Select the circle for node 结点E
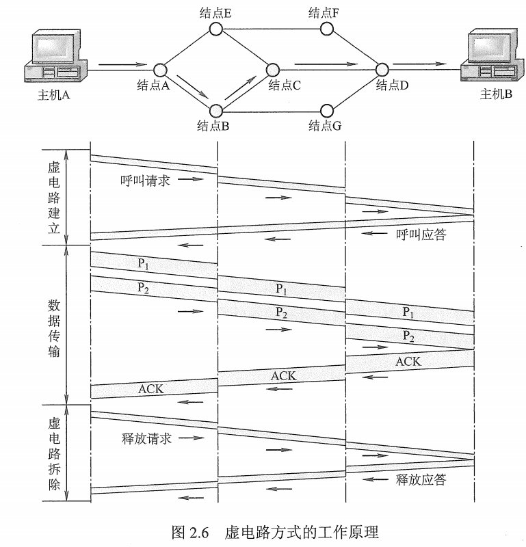(x=216, y=29)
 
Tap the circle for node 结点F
(x=327, y=29)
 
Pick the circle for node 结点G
(x=327, y=109)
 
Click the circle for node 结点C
(x=273, y=69)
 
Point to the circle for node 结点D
(x=382, y=69)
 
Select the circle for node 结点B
(x=216, y=109)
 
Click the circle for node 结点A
(x=160, y=69)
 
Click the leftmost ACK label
(x=151, y=389)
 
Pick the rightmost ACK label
(x=408, y=362)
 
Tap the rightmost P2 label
(x=408, y=336)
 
